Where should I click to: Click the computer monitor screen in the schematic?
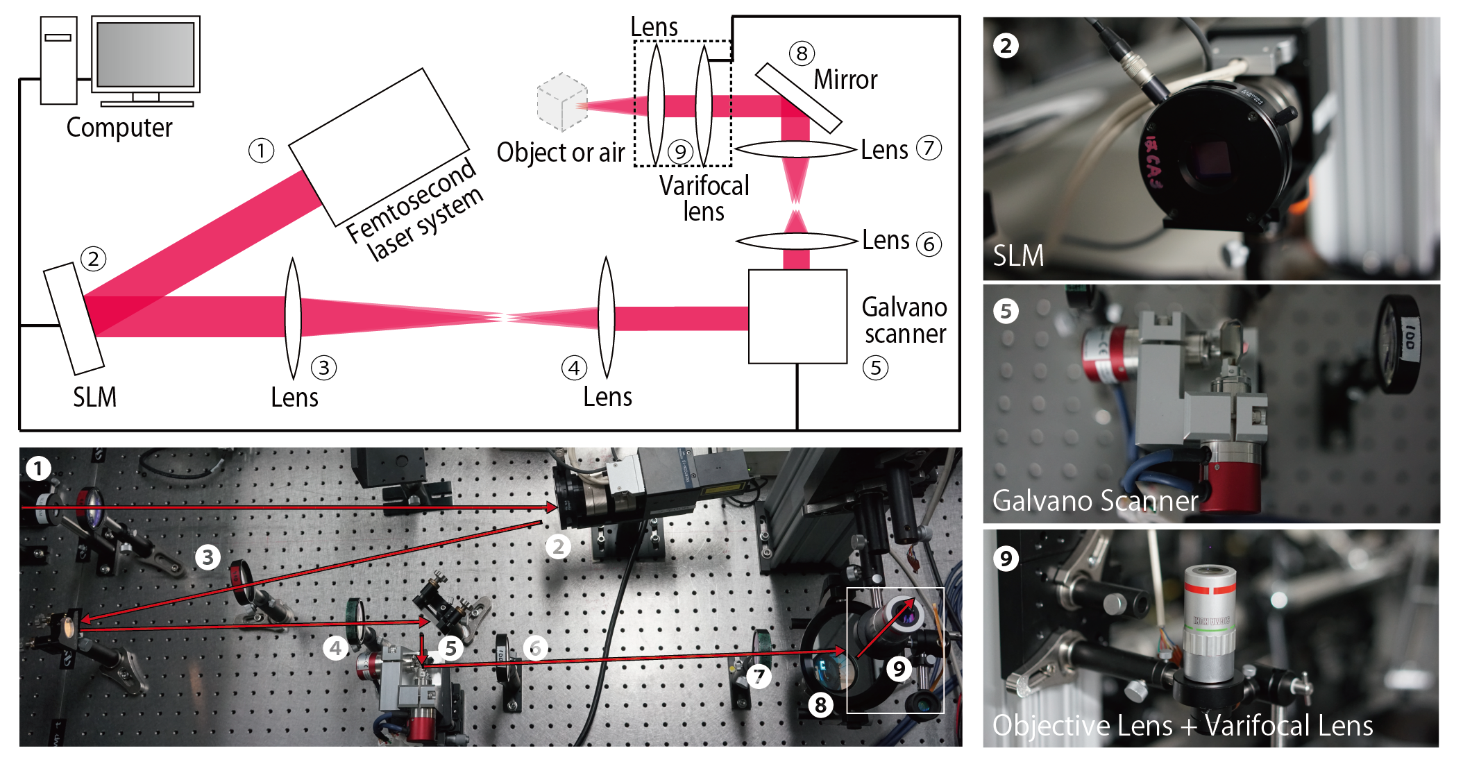(x=146, y=54)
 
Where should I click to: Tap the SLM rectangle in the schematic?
(x=74, y=319)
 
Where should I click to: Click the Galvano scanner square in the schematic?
(x=797, y=316)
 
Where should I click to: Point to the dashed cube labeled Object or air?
(x=562, y=103)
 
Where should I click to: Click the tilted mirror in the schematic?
(x=798, y=98)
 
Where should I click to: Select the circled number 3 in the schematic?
(x=323, y=368)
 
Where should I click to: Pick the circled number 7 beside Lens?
(x=929, y=148)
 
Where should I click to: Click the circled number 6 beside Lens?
(x=929, y=244)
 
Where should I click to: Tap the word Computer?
(x=119, y=128)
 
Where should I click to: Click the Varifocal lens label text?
(x=704, y=198)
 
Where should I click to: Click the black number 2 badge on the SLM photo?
(x=1006, y=46)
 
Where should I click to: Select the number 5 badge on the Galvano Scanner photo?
(x=1006, y=311)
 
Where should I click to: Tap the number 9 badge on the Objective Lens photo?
(x=1006, y=558)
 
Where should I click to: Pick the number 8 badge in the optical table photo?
(x=820, y=705)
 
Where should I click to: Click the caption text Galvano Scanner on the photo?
(x=1094, y=500)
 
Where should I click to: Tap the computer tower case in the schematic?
(x=58, y=60)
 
